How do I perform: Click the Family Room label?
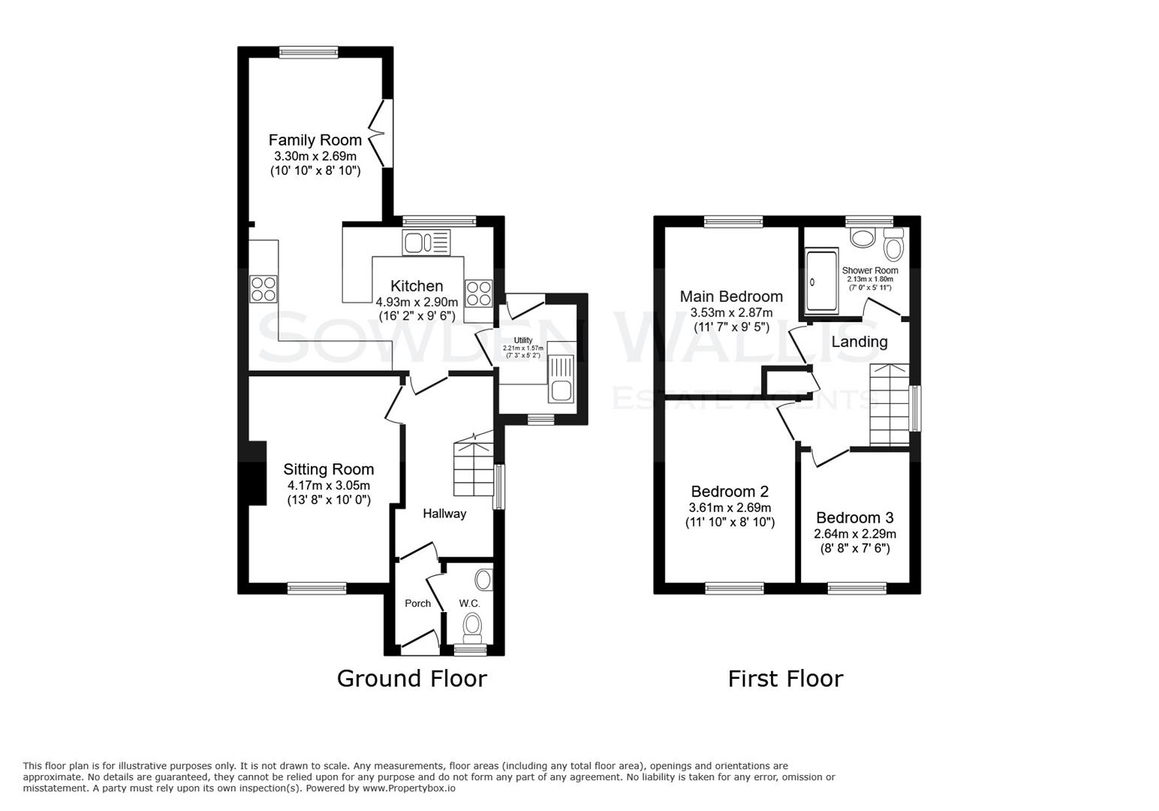315,140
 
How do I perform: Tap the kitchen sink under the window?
426,243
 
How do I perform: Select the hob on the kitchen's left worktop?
263,289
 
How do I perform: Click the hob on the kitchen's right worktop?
478,292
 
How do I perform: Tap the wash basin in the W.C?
484,580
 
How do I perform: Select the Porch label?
417,603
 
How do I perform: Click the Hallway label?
444,514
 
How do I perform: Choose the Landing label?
859,342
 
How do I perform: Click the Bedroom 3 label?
854,517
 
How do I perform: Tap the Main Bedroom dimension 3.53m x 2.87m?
730,312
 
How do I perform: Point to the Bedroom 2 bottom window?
734,588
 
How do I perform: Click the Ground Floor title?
411,678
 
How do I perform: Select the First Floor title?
785,678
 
